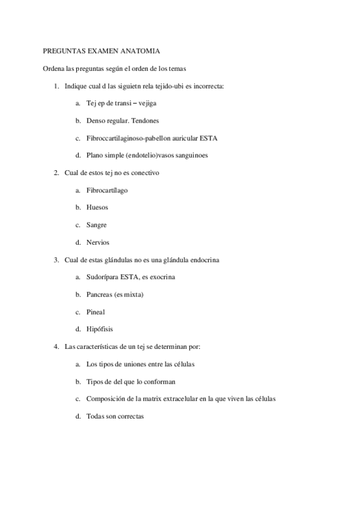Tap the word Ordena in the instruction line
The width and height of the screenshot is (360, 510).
click(53, 69)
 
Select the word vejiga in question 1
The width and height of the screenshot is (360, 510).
click(146, 103)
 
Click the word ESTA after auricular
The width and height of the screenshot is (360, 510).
click(209, 138)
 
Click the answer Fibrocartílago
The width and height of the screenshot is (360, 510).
click(106, 190)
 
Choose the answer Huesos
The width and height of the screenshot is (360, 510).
click(97, 207)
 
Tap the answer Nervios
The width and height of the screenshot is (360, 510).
click(97, 242)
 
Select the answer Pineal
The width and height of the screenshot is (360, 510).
click(96, 312)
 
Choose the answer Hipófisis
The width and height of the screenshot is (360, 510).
click(99, 330)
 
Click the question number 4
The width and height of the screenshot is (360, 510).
click(56, 347)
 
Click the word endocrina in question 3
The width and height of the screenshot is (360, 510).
click(204, 260)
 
